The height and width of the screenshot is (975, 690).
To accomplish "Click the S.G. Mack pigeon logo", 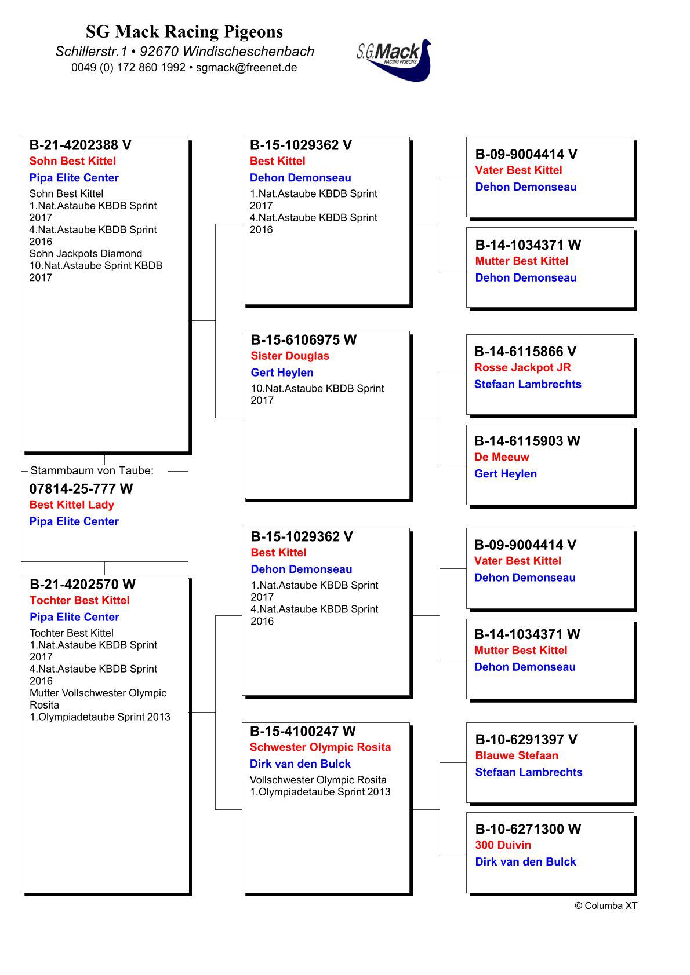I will (x=394, y=59).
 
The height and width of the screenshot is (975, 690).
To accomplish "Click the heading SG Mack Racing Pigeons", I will (x=184, y=31).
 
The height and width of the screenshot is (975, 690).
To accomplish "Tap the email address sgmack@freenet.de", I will (x=246, y=67).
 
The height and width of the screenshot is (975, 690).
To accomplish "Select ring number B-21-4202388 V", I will (x=81, y=145).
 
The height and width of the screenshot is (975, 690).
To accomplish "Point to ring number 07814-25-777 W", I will (x=81, y=489).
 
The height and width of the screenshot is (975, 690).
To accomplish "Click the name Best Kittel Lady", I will (x=72, y=505).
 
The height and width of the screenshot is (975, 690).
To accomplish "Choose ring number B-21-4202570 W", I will (x=83, y=584).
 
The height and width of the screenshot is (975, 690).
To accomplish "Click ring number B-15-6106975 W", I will (x=304, y=339).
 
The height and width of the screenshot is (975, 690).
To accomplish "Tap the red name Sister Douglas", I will (x=290, y=356).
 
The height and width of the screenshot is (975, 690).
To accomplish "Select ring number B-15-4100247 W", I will (x=303, y=731).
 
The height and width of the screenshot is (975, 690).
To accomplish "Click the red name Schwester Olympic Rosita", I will (x=321, y=747).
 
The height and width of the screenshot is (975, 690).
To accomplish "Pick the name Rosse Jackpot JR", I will (x=522, y=367).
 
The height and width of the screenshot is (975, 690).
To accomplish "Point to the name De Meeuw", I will (x=502, y=457).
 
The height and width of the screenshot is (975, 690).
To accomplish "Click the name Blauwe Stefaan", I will (x=517, y=755).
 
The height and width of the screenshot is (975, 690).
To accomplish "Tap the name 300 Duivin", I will (x=503, y=845).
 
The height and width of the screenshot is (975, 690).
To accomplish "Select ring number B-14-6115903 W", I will (x=527, y=441).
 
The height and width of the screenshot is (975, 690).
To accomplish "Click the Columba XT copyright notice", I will (x=606, y=905).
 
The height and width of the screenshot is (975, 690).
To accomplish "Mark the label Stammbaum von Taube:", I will (x=92, y=470).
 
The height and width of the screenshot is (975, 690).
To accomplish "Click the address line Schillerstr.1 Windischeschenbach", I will (x=184, y=51).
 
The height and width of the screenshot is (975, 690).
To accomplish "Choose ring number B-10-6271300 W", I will (x=528, y=829).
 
